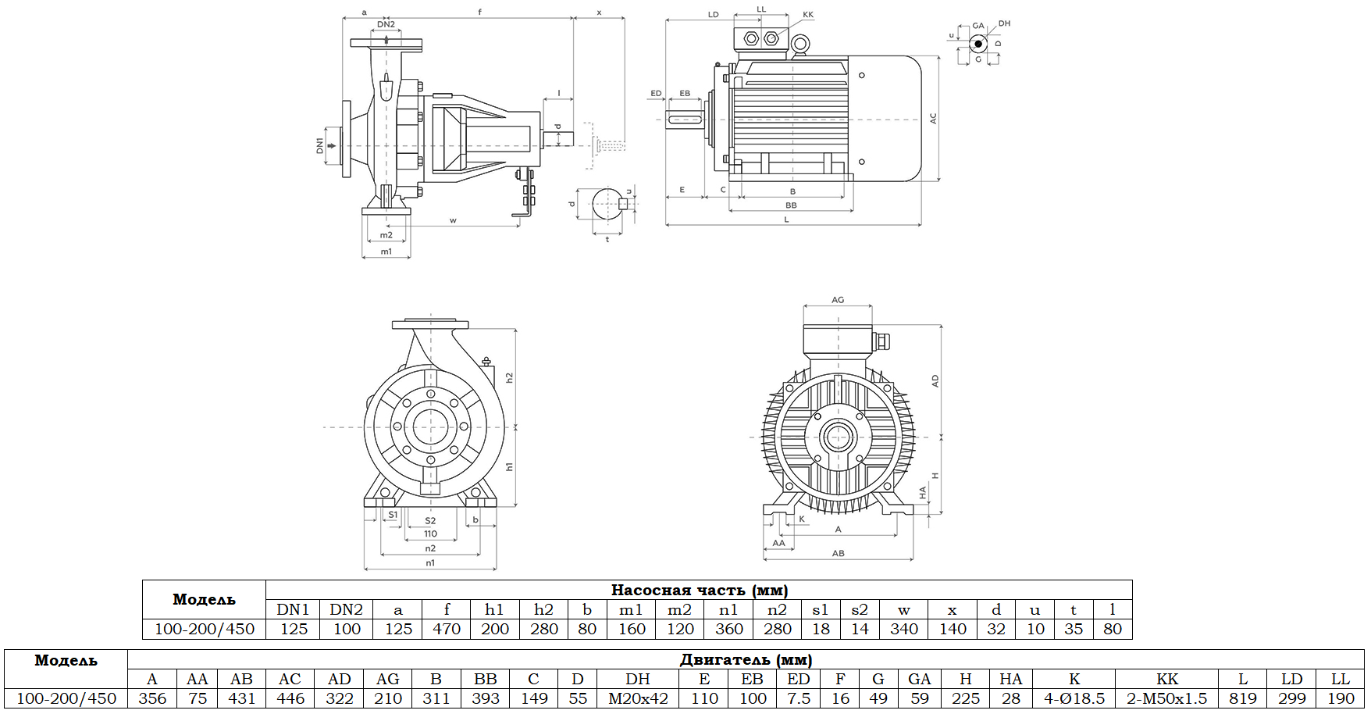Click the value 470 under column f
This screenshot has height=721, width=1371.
point(447,629)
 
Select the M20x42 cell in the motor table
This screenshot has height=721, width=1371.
point(638,698)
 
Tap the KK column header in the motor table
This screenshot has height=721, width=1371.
point(1166,679)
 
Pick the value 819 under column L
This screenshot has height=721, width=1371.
point(1242,698)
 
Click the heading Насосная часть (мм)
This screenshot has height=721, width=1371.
point(699,590)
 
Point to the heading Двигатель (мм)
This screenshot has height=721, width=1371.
point(746,659)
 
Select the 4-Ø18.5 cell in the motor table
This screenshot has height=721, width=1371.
point(1074,698)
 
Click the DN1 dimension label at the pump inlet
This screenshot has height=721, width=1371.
point(320,145)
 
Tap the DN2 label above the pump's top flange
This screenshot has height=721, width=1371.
point(386,24)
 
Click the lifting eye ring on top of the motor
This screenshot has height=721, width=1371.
point(799,45)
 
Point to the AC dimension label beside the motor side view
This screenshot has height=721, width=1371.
point(933,119)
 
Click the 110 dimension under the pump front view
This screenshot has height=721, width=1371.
point(430,534)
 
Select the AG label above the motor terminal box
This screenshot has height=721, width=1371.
point(838,300)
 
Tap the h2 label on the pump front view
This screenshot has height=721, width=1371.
point(509,377)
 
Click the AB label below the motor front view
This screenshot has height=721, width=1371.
point(838,553)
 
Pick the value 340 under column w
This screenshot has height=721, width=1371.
point(903,629)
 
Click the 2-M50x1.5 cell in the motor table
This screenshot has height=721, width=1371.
point(1166,698)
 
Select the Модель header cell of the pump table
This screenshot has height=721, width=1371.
point(204,599)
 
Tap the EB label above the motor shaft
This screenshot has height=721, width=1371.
point(685,94)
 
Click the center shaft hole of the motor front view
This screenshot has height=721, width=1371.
point(838,437)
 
